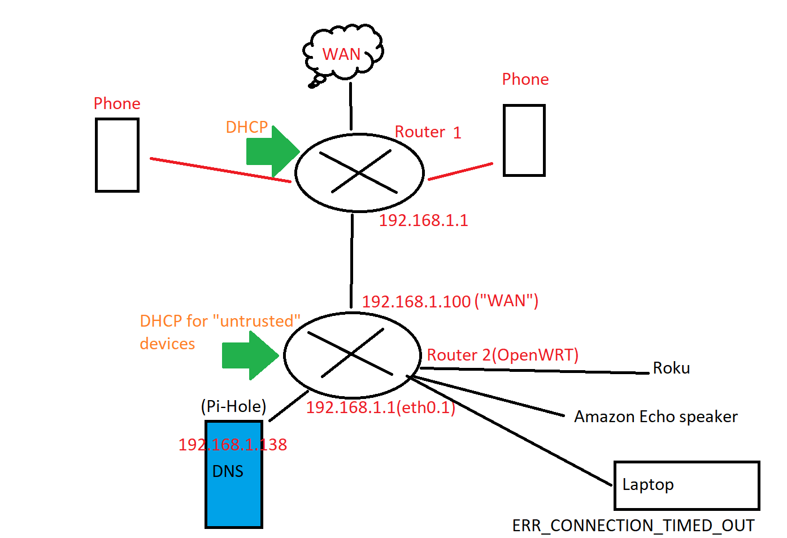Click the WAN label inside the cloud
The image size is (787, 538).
click(x=341, y=54)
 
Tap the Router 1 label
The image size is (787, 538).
click(x=428, y=132)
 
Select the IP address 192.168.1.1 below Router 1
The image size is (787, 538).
click(x=423, y=221)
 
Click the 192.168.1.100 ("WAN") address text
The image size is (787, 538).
click(x=450, y=301)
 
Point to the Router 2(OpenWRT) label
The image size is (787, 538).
click(x=502, y=355)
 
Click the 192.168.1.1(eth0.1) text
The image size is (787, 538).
click(x=381, y=407)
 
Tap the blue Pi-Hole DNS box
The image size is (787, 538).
click(x=234, y=474)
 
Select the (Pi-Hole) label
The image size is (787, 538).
click(x=234, y=406)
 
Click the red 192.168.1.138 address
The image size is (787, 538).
click(x=233, y=445)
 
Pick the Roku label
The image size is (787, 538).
click(x=671, y=368)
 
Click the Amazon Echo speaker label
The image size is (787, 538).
click(x=656, y=417)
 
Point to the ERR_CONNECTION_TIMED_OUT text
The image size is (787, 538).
click(x=633, y=526)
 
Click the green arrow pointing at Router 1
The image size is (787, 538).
click(x=273, y=151)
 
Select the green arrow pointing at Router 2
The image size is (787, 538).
click(x=250, y=355)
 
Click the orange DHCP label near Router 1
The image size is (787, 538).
click(x=247, y=127)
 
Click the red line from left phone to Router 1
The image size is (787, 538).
click(x=221, y=170)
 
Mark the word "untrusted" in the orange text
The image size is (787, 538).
click(x=256, y=321)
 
